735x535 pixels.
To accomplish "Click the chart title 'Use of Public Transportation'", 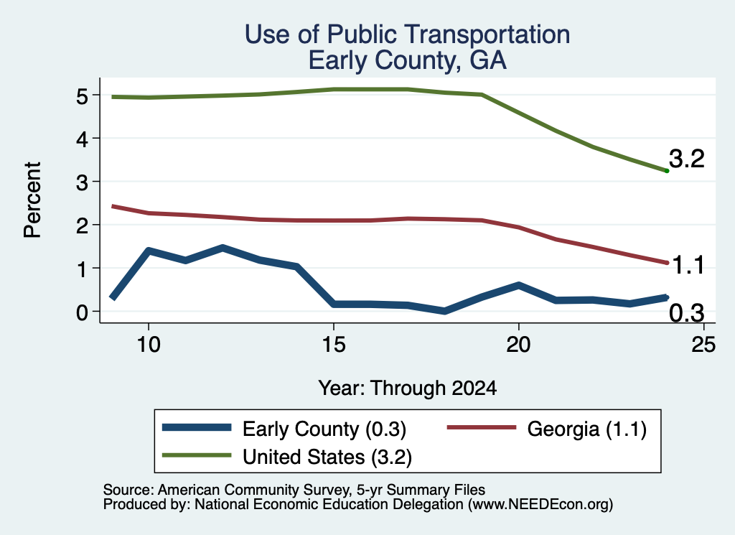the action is (408, 34).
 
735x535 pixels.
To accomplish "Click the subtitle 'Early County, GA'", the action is (408, 60).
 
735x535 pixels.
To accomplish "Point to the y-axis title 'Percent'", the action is (32, 200).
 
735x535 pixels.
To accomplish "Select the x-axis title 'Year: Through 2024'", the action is (408, 389).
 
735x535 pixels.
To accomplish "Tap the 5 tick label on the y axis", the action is (82, 97).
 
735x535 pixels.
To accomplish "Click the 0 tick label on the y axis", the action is (82, 312).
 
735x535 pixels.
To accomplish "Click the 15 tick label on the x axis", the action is (334, 345).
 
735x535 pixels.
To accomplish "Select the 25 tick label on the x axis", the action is (703, 345).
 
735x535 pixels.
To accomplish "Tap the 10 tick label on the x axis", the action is (149, 345).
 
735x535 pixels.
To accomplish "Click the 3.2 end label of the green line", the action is (687, 159).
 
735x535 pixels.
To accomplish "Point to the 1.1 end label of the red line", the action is (688, 266).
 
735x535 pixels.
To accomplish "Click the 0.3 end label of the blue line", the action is (687, 313).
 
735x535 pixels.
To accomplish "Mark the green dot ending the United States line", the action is (667, 171).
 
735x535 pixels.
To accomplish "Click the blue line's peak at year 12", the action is (223, 248).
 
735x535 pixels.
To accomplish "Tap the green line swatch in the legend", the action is (197, 455).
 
